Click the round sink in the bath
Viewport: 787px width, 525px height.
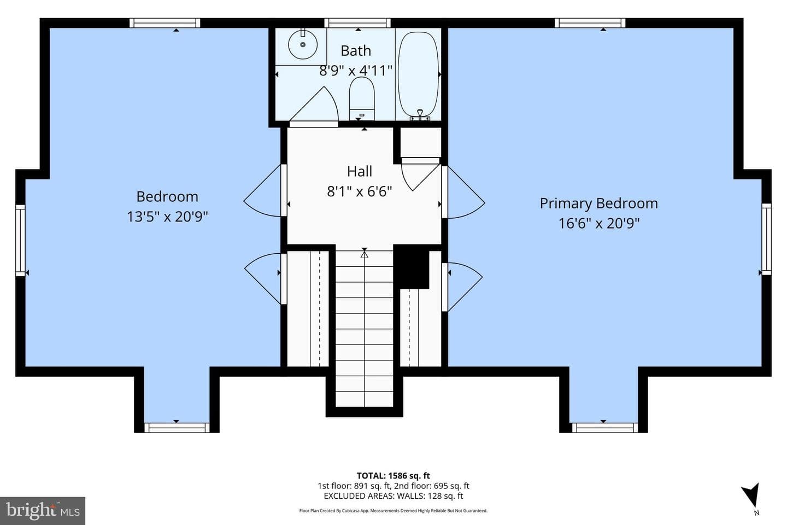[x=303, y=44]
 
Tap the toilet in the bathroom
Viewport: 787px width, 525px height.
[x=362, y=98]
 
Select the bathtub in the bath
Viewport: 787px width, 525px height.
[x=418, y=74]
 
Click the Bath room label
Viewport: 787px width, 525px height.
[x=356, y=51]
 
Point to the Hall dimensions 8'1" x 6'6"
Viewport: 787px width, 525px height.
[x=359, y=191]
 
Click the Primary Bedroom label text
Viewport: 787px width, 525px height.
[x=598, y=203]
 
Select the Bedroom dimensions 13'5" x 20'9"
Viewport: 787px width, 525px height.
[x=167, y=217]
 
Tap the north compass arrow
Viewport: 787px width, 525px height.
[x=751, y=495]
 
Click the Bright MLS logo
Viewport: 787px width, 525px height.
[x=43, y=511]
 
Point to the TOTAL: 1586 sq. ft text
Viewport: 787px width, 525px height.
[x=393, y=476]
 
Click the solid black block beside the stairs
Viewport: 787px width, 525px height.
[x=411, y=266]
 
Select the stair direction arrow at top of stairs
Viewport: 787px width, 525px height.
[x=365, y=253]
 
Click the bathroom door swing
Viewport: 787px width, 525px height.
[x=314, y=106]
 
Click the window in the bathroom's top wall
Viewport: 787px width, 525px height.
[x=357, y=23]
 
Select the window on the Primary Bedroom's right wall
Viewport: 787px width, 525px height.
[x=766, y=239]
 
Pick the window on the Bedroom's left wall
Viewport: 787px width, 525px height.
[x=20, y=241]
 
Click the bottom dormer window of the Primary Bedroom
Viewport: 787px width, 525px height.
[x=604, y=428]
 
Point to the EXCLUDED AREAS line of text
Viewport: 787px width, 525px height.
[x=393, y=496]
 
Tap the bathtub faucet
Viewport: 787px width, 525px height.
[x=420, y=115]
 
